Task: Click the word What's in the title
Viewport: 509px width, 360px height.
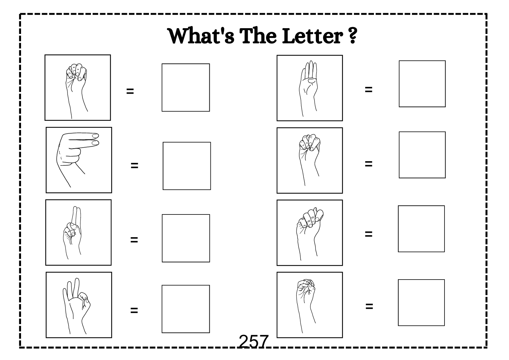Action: coord(201,36)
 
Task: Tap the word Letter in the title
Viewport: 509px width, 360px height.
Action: coord(313,36)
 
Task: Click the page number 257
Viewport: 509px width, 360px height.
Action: coord(253,341)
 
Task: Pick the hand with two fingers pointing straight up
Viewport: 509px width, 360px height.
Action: coord(72,232)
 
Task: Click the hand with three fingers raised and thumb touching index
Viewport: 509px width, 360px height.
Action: coord(76,306)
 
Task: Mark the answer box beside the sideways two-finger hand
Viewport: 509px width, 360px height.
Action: coord(187,166)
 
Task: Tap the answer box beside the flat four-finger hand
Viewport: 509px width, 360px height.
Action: coord(422,83)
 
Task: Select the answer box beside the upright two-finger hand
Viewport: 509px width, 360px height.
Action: coord(186,238)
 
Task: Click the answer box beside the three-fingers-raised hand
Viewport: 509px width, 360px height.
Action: coord(186,309)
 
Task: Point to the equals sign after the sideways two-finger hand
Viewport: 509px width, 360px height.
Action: coord(134,166)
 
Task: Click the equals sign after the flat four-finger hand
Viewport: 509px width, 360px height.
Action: coord(369,90)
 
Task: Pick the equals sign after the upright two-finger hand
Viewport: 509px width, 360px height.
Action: coord(134,240)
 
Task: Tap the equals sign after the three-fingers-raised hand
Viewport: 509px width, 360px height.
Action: coord(134,310)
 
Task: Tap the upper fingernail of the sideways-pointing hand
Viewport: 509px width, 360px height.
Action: coord(95,136)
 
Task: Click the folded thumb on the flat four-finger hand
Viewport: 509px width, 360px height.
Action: coord(312,80)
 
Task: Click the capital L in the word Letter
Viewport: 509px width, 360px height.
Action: coord(289,36)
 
